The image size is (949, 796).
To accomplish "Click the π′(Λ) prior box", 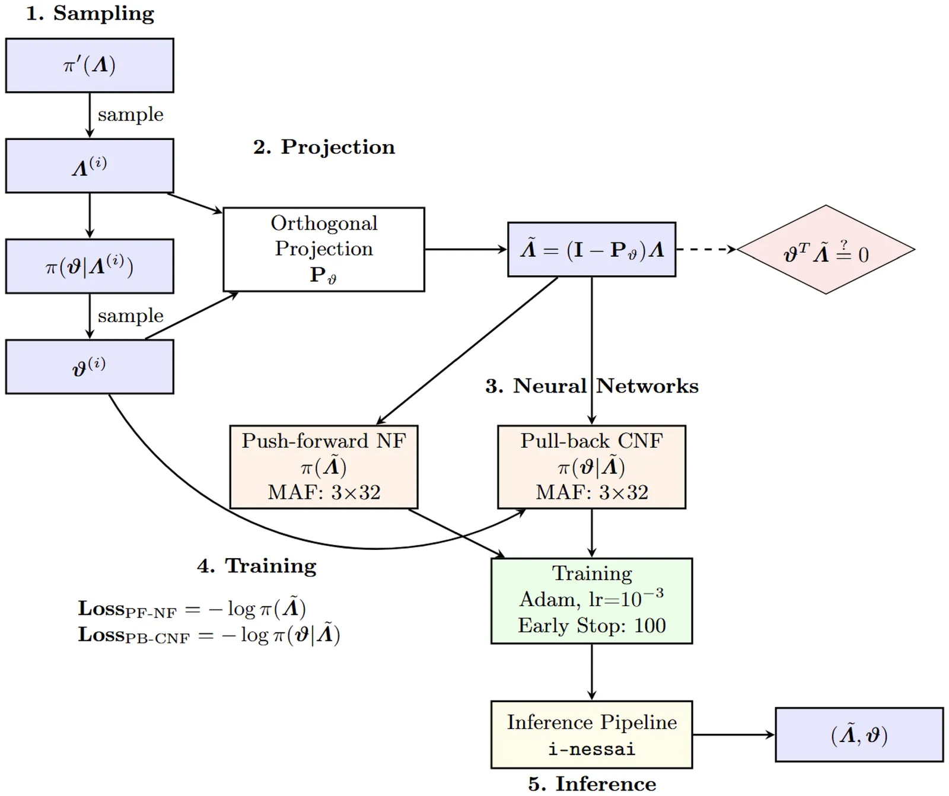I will (90, 65).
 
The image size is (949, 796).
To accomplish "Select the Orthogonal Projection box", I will (324, 249).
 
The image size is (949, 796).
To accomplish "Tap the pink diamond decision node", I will (826, 250).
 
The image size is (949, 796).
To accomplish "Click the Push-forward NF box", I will (324, 467).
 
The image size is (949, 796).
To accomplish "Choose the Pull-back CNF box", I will (592, 467).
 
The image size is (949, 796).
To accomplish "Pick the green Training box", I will (592, 600).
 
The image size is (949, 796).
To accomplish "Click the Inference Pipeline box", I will (592, 734).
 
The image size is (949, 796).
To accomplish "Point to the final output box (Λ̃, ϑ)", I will (859, 735).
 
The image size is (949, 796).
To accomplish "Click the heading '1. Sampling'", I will (90, 13).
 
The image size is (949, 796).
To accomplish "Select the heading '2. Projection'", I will (324, 147).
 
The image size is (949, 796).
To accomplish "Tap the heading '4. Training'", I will (257, 566).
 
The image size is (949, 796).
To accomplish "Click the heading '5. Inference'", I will (592, 784).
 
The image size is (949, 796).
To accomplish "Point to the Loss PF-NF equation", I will (192, 609).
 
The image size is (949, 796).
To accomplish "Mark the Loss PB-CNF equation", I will (209, 635).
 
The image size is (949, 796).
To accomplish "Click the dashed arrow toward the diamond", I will (706, 250).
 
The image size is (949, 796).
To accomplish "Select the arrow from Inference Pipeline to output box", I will (734, 735).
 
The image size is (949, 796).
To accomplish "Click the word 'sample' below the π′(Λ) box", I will (130, 114).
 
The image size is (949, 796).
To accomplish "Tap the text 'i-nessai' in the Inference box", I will (592, 749).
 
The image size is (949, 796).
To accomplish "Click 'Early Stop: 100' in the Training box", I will (592, 626).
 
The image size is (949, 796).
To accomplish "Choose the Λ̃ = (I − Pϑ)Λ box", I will (592, 250).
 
